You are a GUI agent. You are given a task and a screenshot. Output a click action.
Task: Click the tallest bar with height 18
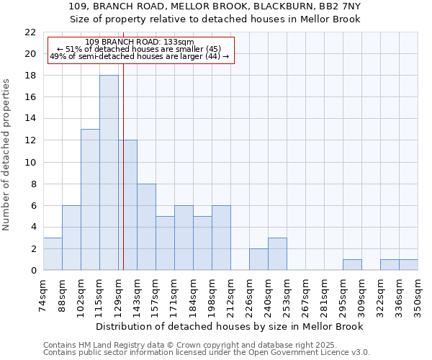tap(109, 173)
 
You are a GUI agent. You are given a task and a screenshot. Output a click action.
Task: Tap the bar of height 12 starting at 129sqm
tap(127, 205)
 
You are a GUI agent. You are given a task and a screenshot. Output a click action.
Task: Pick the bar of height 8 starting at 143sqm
tap(146, 227)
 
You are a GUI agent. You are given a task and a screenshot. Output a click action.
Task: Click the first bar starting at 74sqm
tap(53, 254)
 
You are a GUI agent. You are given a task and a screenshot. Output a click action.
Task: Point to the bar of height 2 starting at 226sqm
tap(258, 259)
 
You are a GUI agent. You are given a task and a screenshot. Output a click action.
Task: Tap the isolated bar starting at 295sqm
tap(352, 265)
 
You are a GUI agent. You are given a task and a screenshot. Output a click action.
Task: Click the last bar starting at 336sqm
tap(408, 265)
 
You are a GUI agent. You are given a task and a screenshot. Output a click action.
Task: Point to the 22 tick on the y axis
tap(30, 32)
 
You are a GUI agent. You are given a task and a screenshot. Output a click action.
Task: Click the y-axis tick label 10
tap(30, 162)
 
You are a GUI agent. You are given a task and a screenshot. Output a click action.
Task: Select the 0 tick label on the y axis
tap(33, 271)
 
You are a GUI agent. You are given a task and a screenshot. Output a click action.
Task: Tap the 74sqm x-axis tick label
tap(44, 295)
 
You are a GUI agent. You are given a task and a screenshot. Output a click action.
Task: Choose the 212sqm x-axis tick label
tap(231, 295)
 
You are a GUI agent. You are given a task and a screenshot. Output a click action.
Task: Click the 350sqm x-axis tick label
tap(418, 295)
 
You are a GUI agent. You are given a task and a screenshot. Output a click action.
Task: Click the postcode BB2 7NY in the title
tap(337, 6)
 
